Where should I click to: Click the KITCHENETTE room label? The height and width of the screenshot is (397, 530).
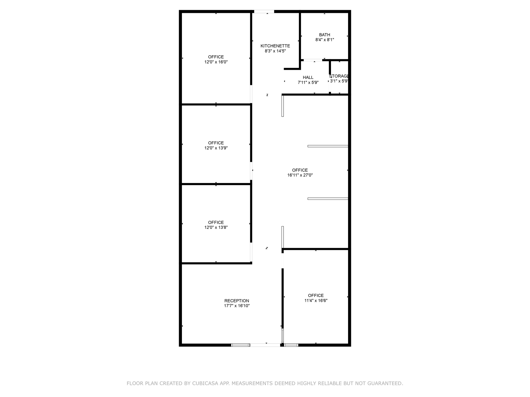(x=275, y=46)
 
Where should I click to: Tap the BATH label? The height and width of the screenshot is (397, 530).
(x=325, y=35)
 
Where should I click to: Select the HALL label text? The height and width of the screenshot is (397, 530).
(x=308, y=78)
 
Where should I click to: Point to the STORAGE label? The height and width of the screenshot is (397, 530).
(x=339, y=76)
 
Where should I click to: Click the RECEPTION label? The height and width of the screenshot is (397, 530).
(x=237, y=301)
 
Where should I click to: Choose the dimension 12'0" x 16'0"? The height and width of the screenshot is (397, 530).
(x=216, y=62)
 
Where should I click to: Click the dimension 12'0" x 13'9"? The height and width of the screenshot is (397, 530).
(x=216, y=148)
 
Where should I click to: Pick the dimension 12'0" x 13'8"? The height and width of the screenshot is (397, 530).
(x=216, y=227)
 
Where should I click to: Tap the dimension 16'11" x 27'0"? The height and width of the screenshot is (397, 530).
(x=300, y=175)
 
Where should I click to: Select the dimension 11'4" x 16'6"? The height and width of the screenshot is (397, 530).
(x=316, y=301)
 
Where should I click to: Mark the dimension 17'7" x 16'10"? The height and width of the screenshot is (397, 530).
(x=237, y=306)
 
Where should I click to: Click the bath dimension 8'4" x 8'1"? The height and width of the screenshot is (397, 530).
(x=325, y=40)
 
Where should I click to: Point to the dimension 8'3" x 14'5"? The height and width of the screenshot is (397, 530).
(x=275, y=51)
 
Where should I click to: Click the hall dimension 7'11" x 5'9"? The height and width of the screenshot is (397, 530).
(x=308, y=83)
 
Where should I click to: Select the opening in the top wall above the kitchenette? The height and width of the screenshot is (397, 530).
(x=264, y=11)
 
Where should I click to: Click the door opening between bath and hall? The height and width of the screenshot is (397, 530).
(x=313, y=60)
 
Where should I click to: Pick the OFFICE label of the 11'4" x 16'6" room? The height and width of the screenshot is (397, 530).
(x=316, y=295)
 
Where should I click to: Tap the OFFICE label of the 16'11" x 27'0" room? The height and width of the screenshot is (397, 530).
(x=300, y=170)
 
